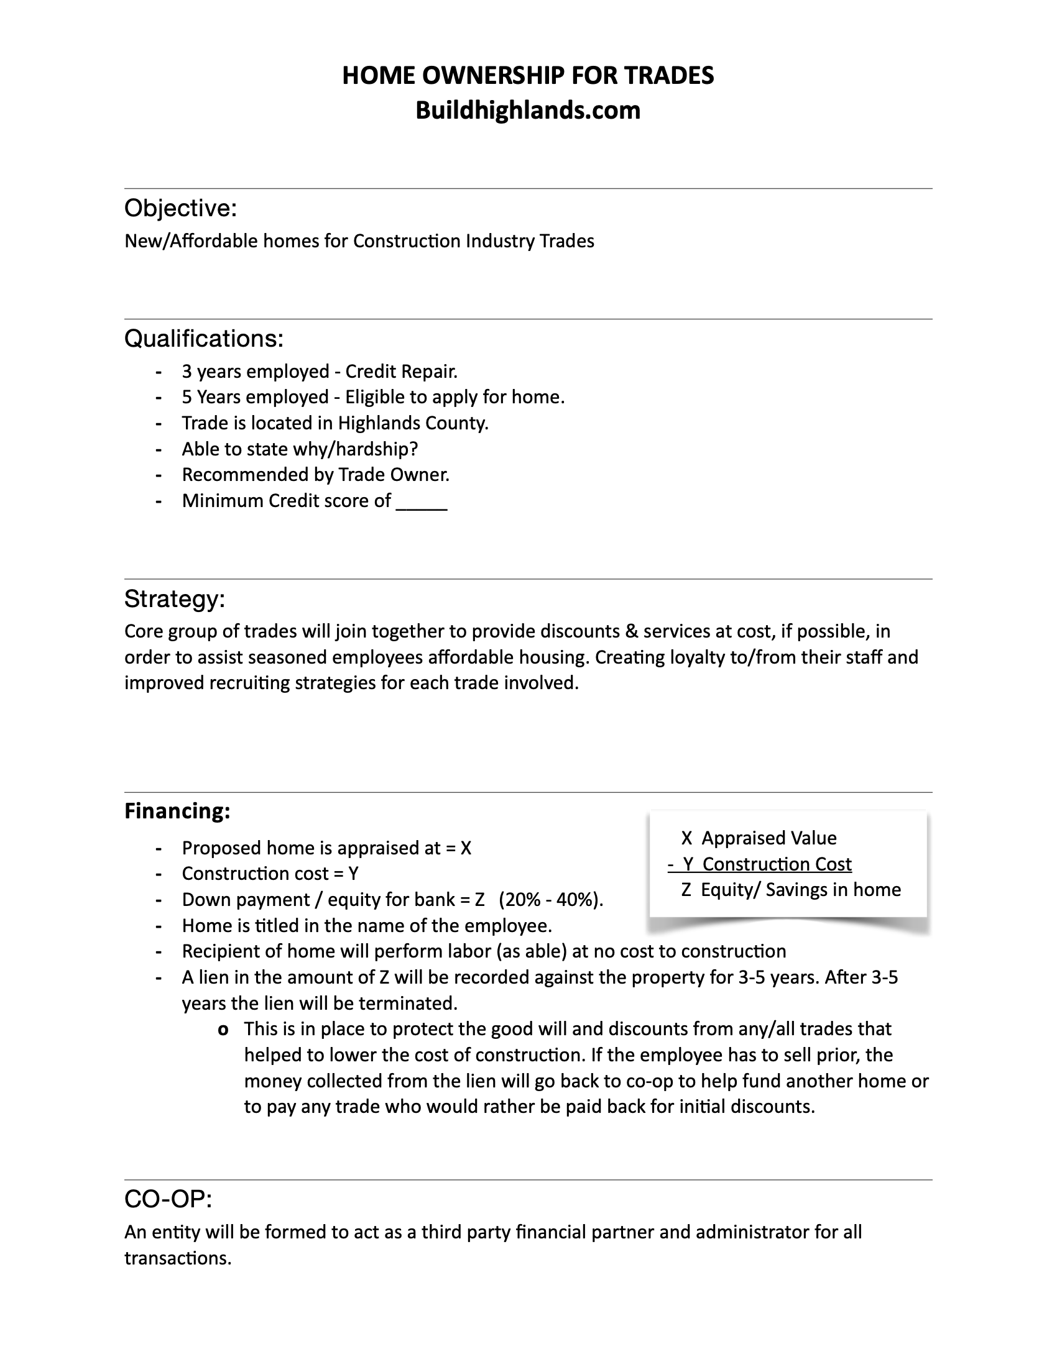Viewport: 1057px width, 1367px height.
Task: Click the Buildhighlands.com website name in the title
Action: click(x=528, y=110)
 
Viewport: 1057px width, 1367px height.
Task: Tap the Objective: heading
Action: click(x=180, y=208)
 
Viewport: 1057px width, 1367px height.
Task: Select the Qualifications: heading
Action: click(x=203, y=339)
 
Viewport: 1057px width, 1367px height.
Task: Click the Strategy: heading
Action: click(x=174, y=599)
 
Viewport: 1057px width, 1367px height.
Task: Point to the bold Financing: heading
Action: click(x=177, y=811)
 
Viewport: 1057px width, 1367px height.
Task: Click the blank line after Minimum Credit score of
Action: click(x=422, y=502)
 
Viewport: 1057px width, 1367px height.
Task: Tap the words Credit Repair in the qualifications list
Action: click(x=401, y=372)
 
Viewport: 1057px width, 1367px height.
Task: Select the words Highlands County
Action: click(x=413, y=424)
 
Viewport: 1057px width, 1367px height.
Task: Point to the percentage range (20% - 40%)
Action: click(x=551, y=900)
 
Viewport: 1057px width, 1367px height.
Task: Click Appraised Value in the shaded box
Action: click(x=769, y=838)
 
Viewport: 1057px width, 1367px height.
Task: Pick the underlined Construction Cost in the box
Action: click(x=777, y=864)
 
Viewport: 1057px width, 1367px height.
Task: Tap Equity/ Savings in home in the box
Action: click(x=800, y=890)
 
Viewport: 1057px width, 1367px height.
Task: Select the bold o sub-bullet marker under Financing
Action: click(x=223, y=1030)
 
